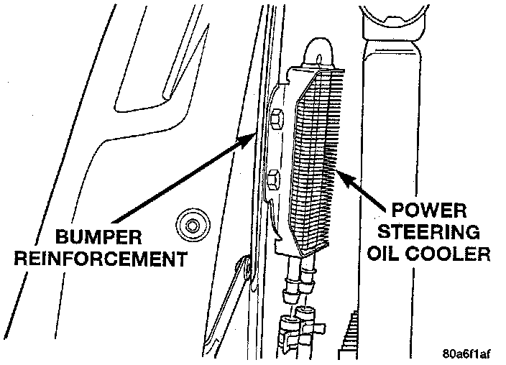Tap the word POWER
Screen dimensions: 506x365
pos(429,213)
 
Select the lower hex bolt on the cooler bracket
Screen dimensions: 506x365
pos(273,177)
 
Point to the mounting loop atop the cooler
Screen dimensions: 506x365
pos(318,52)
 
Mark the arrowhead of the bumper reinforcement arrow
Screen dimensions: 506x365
pos(252,137)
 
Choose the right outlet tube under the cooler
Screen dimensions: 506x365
pos(308,277)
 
